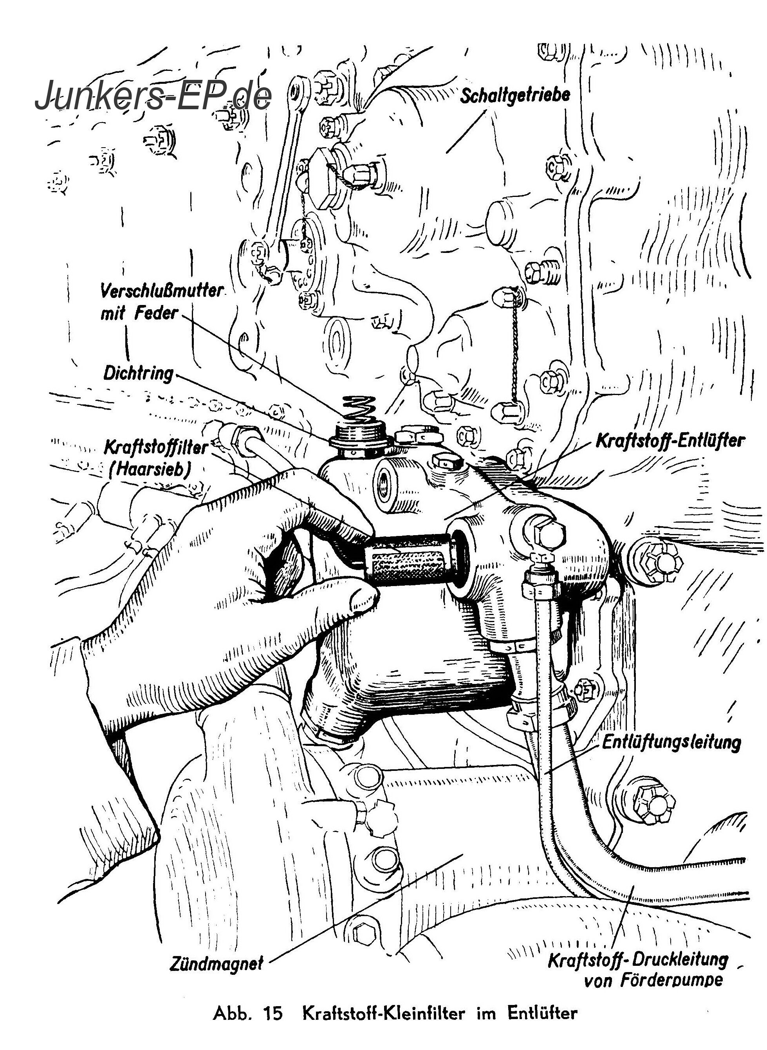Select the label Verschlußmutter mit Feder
click(162, 303)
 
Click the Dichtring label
click(138, 373)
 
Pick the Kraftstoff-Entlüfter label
click(670, 440)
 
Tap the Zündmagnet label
click(217, 963)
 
